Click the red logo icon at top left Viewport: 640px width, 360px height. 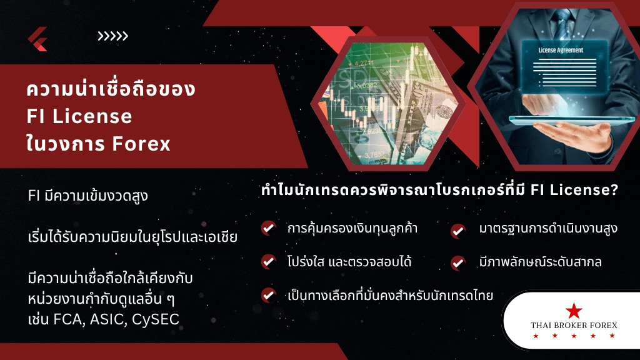pyautogui.click(x=37, y=39)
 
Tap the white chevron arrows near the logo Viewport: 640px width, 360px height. pyautogui.click(x=112, y=36)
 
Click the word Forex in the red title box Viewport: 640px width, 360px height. pyautogui.click(x=141, y=144)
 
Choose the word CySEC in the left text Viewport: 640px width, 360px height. pyautogui.click(x=156, y=319)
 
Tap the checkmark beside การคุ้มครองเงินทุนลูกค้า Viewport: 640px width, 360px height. pyautogui.click(x=269, y=228)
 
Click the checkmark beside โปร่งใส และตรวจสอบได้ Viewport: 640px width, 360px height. pyautogui.click(x=269, y=261)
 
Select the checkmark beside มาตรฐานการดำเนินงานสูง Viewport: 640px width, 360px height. pyautogui.click(x=458, y=230)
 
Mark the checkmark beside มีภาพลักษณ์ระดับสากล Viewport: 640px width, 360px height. pyautogui.click(x=458, y=262)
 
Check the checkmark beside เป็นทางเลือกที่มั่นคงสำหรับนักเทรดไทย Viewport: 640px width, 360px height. pyautogui.click(x=269, y=294)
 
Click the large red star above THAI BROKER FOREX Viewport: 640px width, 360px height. pyautogui.click(x=573, y=310)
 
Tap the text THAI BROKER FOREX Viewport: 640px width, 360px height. pyautogui.click(x=573, y=325)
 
